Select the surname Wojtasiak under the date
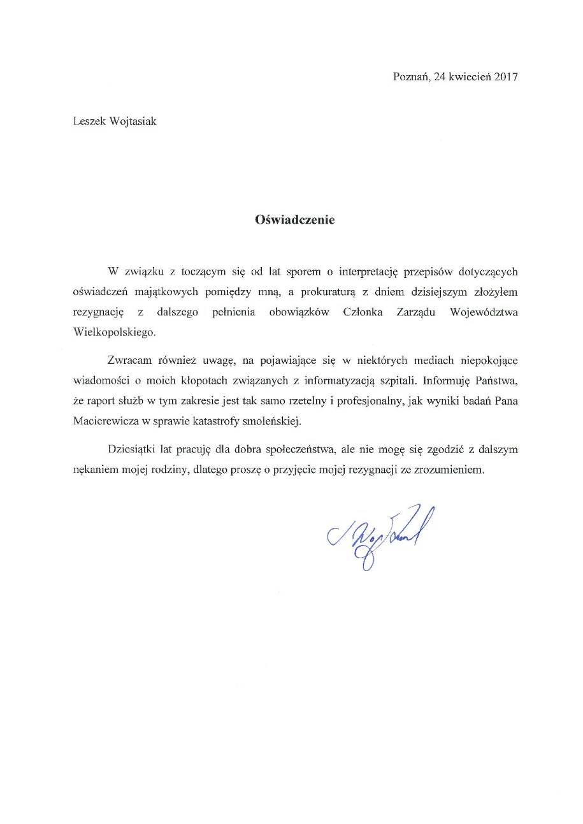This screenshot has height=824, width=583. (x=130, y=121)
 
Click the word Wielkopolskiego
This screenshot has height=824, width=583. (x=109, y=331)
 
